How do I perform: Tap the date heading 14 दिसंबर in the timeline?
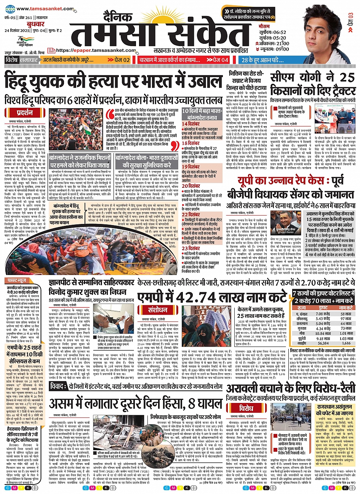[190, 124]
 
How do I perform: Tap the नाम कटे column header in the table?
[346, 308]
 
